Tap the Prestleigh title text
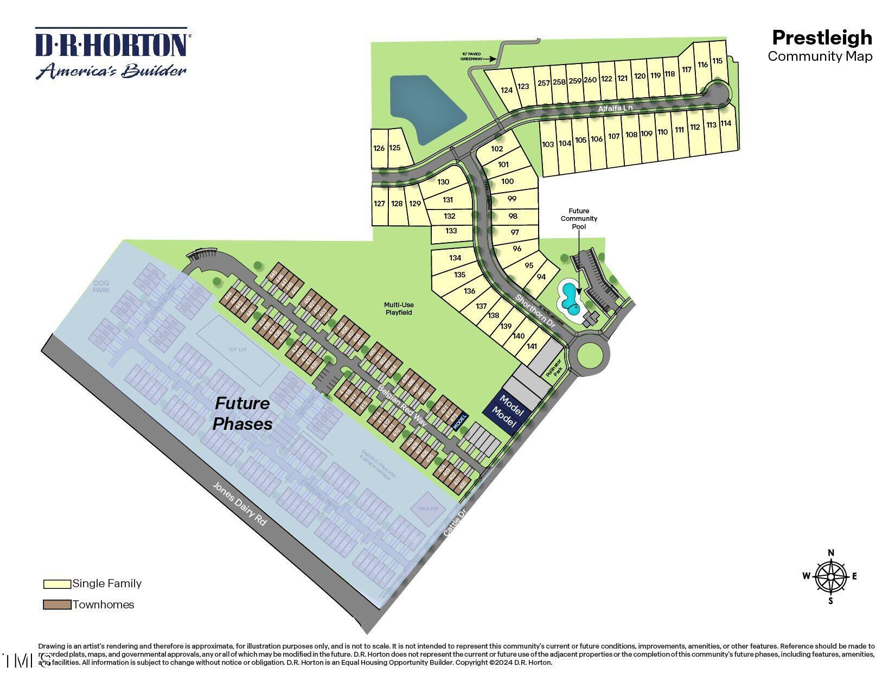click(822, 37)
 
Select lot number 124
click(507, 90)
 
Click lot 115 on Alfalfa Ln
click(717, 61)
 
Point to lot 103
click(548, 144)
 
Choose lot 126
click(379, 148)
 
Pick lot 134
click(455, 258)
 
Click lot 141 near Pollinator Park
click(532, 346)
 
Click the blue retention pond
click(425, 109)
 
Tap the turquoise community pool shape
click(570, 299)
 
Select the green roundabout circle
click(590, 355)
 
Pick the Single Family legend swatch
click(57, 584)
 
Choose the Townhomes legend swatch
click(57, 605)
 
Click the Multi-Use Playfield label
click(399, 308)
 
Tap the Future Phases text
click(242, 413)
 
